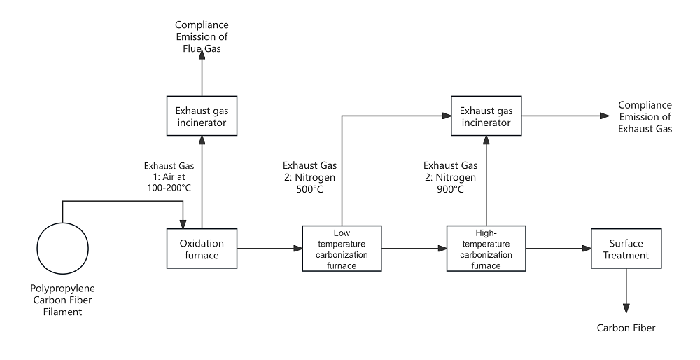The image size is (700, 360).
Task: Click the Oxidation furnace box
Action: (x=202, y=249)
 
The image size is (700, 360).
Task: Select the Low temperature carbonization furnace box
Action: (x=342, y=248)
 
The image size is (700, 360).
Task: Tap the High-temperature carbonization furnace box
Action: (x=486, y=248)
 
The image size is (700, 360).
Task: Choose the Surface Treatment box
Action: (x=626, y=249)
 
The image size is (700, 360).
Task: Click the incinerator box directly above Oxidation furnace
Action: (x=202, y=118)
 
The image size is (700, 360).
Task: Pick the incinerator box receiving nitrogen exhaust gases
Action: (x=486, y=117)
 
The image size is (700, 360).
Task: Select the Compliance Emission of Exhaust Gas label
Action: (x=645, y=117)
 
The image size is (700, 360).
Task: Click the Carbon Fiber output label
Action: (x=626, y=328)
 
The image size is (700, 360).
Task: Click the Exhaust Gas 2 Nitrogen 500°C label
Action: (x=309, y=177)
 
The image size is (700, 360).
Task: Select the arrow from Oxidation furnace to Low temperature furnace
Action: (x=269, y=248)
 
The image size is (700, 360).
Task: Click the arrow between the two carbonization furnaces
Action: (x=414, y=248)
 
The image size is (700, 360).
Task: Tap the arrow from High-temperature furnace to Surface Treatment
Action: (x=558, y=248)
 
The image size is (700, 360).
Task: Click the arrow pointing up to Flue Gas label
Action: (x=202, y=76)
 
